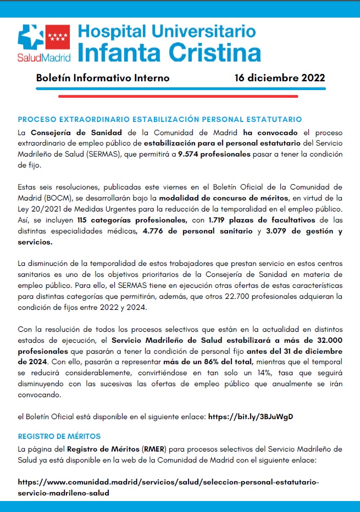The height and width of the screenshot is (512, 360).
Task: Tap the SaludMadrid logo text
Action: (44, 56)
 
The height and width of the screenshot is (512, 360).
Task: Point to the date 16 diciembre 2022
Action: (280, 78)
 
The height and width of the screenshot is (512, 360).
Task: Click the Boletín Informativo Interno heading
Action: (103, 78)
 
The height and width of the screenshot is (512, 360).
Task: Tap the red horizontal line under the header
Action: (178, 95)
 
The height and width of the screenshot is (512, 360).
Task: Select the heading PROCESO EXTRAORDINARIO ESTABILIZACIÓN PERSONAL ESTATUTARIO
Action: (160, 119)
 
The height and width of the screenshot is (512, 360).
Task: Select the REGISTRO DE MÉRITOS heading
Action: (59, 436)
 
